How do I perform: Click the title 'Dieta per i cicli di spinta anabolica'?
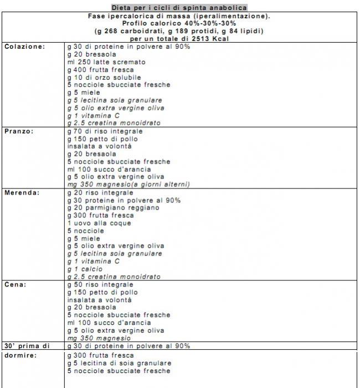coord(179,8)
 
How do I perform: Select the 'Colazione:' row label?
coord(25,47)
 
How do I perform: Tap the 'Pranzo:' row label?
coord(20,131)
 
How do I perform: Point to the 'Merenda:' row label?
coord(22,193)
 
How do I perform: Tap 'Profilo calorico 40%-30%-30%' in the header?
coord(179,24)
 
